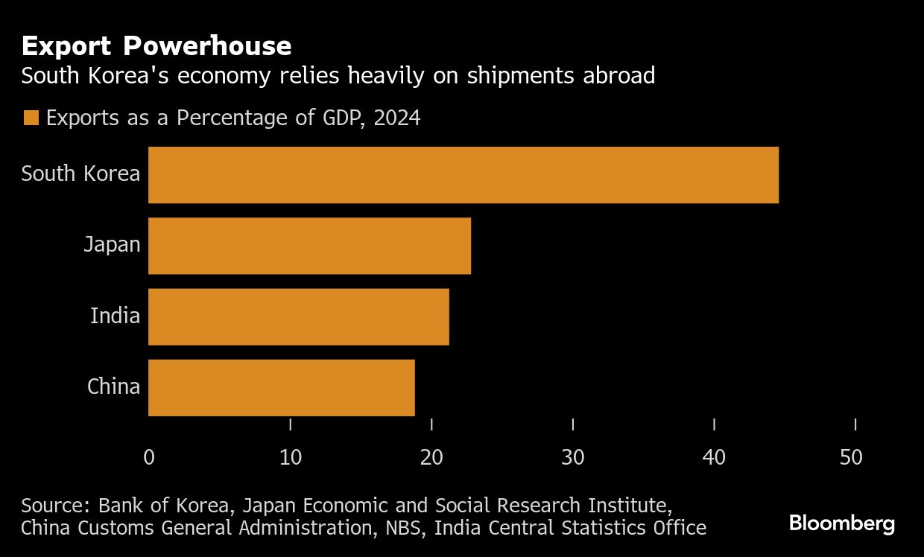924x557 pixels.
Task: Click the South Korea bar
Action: click(x=463, y=175)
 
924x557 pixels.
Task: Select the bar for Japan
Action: click(x=309, y=246)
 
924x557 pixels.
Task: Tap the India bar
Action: click(x=298, y=316)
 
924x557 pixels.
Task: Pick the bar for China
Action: click(x=281, y=387)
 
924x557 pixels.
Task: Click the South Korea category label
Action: click(x=80, y=174)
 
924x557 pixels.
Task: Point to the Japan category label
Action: click(x=112, y=244)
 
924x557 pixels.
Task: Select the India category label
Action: click(x=115, y=316)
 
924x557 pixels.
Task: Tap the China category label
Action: click(x=113, y=386)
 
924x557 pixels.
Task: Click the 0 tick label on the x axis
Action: click(x=149, y=457)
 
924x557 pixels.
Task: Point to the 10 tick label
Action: click(x=291, y=457)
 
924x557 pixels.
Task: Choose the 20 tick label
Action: click(x=431, y=457)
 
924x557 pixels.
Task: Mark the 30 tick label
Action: click(x=573, y=457)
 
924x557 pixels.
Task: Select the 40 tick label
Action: click(x=714, y=457)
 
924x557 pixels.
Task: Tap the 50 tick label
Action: click(x=851, y=457)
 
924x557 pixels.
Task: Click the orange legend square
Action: click(x=31, y=118)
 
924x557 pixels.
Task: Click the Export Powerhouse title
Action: click(x=156, y=46)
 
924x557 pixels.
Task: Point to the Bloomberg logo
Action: click(x=842, y=523)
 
